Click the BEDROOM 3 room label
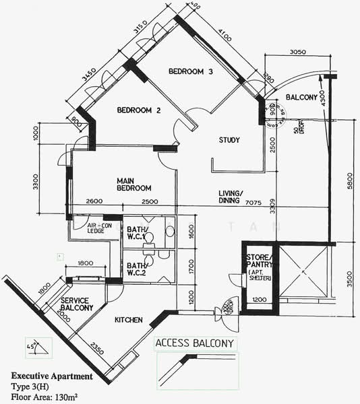tap(191, 72)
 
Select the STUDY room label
tap(230, 140)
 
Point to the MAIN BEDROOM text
tap(133, 184)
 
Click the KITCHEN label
tap(130, 319)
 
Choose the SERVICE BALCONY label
tap(76, 304)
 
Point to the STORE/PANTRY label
tap(258, 263)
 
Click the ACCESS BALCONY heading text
tap(195, 343)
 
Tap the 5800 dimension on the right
tap(348, 182)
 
